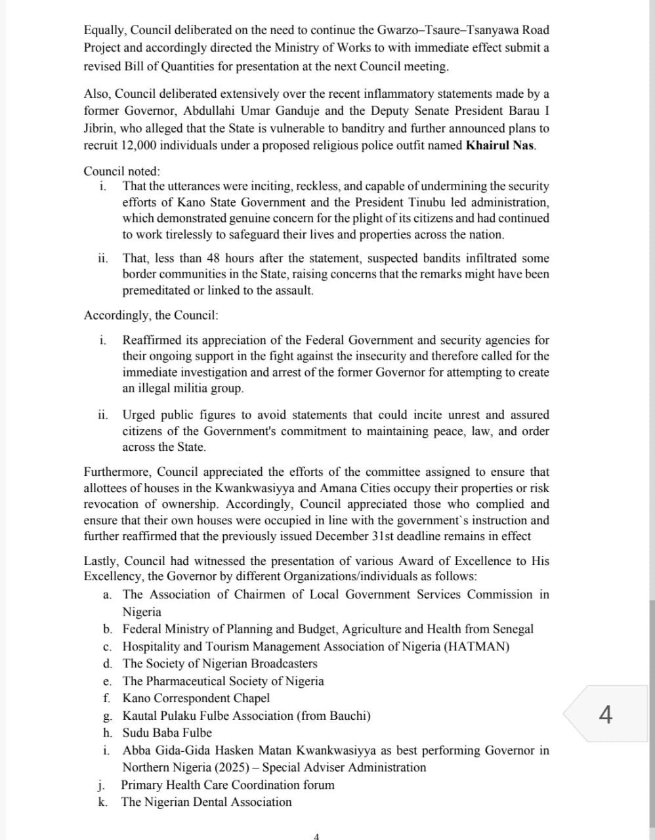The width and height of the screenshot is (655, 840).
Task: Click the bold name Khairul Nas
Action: [x=500, y=145]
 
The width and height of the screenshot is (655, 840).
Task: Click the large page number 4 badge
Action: [x=606, y=713]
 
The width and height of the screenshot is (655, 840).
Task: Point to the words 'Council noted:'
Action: [x=121, y=171]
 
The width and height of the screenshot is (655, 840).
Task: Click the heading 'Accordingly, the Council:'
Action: [x=151, y=315]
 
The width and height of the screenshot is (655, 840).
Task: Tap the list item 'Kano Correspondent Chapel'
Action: [x=196, y=698]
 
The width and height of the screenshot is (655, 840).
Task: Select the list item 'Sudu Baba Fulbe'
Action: [x=167, y=732]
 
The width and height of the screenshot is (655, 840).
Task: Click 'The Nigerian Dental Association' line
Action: [x=206, y=802]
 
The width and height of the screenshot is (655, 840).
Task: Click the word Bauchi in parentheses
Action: [x=349, y=715]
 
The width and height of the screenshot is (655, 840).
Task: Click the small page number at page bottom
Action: [x=316, y=836]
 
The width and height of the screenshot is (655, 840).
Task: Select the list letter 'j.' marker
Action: [x=103, y=785]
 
